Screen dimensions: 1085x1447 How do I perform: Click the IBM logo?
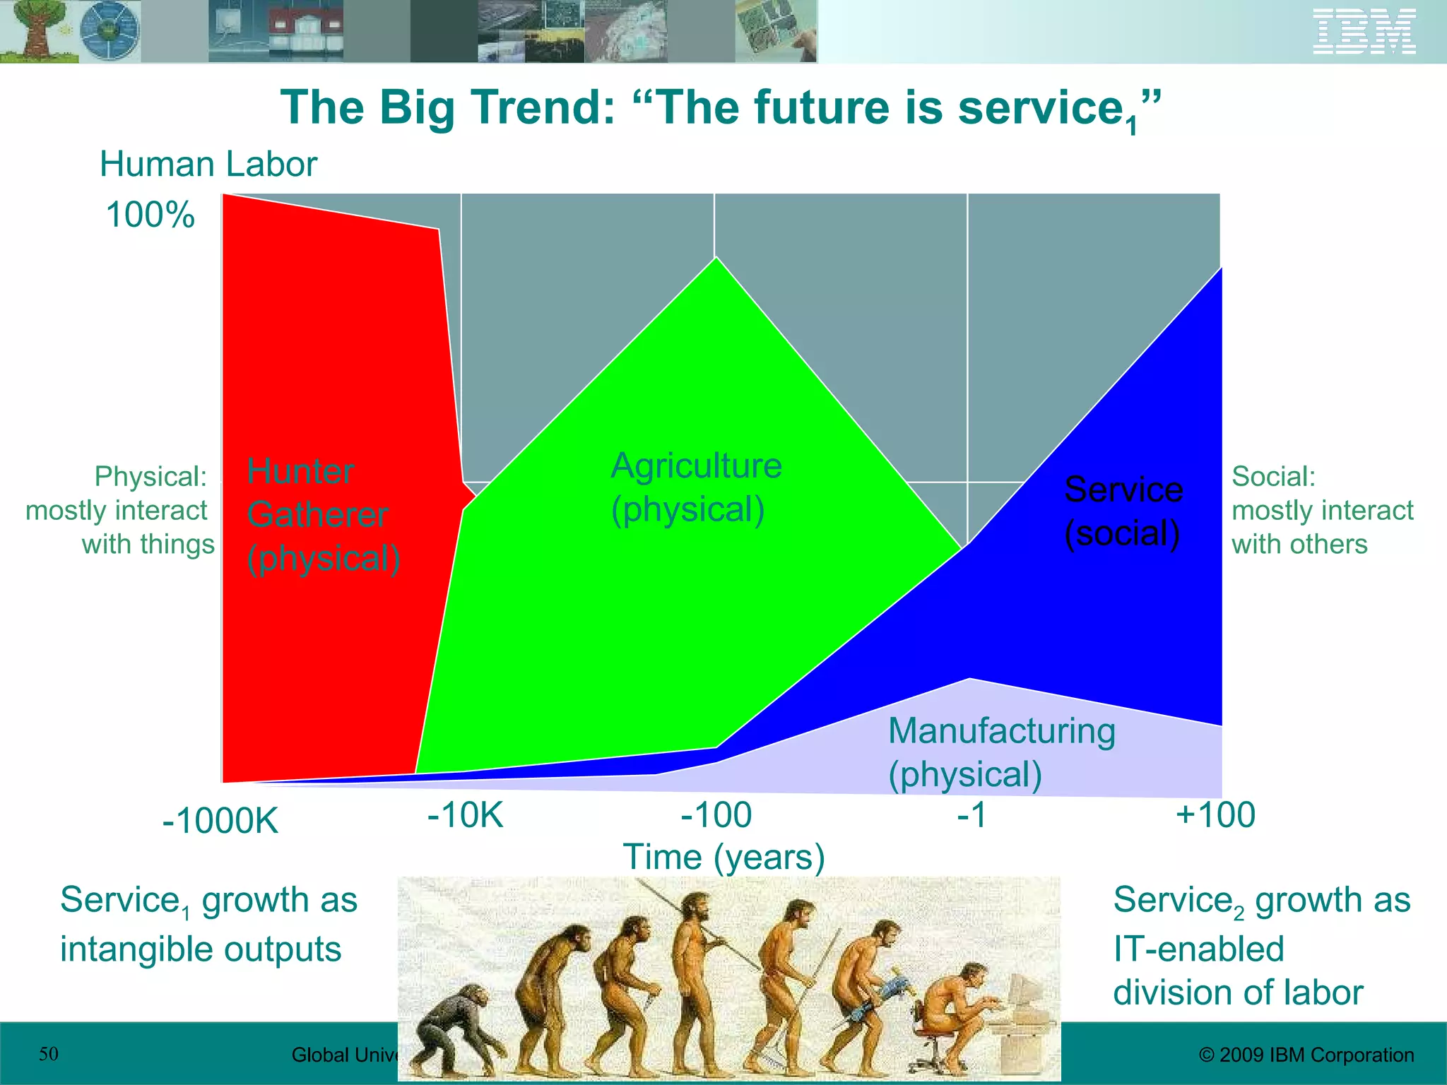pos(1364,32)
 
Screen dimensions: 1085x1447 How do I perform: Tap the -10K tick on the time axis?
pos(465,815)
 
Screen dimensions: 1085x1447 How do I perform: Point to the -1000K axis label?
pos(220,822)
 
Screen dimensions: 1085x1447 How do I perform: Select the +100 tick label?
pos(1215,815)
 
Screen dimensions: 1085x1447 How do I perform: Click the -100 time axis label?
pos(716,815)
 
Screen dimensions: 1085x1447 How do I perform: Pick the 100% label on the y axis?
pos(150,215)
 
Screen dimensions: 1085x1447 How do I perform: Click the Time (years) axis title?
pos(723,857)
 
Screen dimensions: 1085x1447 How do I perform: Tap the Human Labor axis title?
pos(208,165)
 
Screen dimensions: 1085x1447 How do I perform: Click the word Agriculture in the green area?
pos(696,466)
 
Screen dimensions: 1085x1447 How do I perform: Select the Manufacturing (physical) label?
pos(1001,752)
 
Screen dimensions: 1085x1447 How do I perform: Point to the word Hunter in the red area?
pos(300,472)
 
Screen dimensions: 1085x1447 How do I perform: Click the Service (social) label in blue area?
pos(1123,511)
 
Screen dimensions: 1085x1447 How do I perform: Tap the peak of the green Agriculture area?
pos(716,259)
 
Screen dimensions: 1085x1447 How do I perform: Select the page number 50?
pos(48,1054)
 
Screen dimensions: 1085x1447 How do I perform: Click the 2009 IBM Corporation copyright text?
pos(1306,1055)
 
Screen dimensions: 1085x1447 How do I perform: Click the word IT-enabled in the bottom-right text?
pos(1198,949)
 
